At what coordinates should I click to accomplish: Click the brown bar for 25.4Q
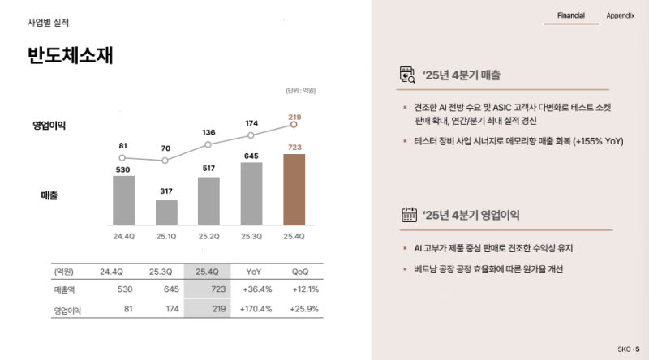[x=294, y=189]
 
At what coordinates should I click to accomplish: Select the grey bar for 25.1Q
[x=166, y=212]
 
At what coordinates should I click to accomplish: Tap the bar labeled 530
[x=123, y=199]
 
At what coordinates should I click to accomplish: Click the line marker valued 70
[x=165, y=161]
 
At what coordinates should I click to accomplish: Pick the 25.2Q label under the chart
[x=208, y=236]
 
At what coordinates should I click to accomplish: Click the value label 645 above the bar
[x=251, y=156]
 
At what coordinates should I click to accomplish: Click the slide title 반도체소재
[x=70, y=56]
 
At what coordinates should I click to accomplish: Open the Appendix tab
[x=620, y=15]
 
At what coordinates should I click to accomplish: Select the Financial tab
[x=571, y=15]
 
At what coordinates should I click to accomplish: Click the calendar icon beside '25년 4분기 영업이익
[x=408, y=214]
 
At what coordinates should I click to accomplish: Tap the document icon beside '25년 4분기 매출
[x=408, y=75]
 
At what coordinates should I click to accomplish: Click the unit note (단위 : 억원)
[x=300, y=91]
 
